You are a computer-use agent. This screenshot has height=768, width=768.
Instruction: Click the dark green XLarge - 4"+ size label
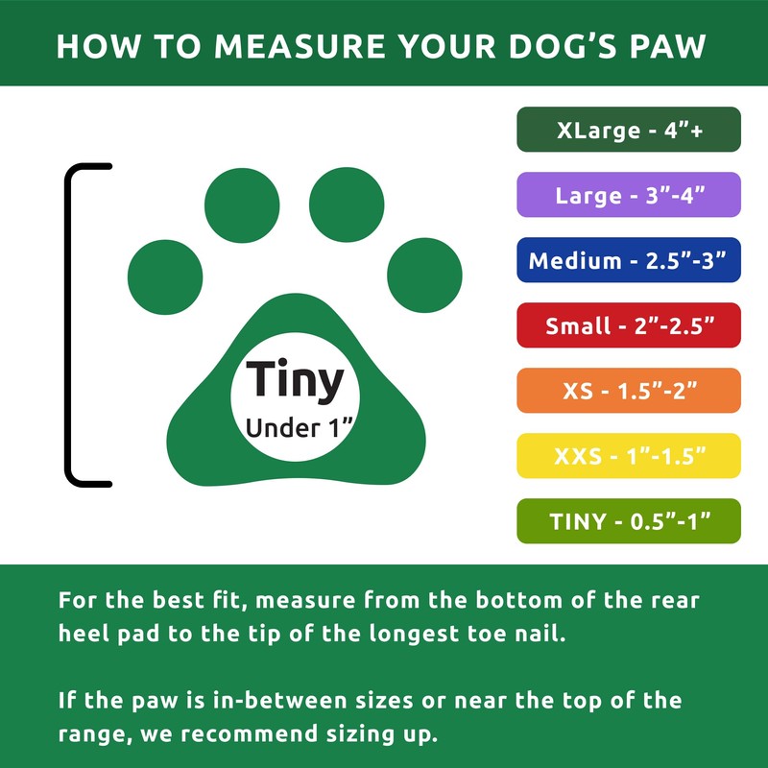click(629, 130)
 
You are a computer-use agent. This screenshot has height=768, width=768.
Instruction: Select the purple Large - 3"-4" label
click(629, 195)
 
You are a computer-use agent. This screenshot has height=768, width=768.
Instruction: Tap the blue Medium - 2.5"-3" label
click(629, 260)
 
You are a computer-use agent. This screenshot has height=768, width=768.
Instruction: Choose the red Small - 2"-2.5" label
click(629, 325)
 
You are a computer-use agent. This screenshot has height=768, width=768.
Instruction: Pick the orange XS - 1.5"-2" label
click(629, 391)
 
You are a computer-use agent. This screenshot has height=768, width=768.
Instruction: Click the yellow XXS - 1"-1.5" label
click(629, 456)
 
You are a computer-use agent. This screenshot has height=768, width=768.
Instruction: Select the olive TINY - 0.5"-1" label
click(629, 521)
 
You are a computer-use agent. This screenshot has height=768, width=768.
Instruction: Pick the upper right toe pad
click(347, 204)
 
